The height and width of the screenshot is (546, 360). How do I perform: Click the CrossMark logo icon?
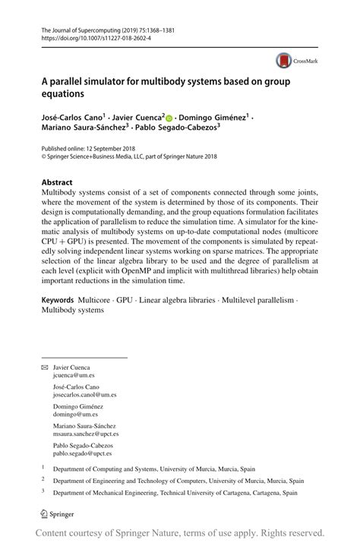tap(283, 60)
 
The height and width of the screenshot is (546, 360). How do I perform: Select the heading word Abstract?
tap(58, 183)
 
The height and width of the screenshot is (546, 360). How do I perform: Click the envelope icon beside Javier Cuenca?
tap(45, 367)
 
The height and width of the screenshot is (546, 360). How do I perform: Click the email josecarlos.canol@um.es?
tap(84, 395)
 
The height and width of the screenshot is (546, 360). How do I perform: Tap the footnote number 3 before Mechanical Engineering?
tap(43, 492)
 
